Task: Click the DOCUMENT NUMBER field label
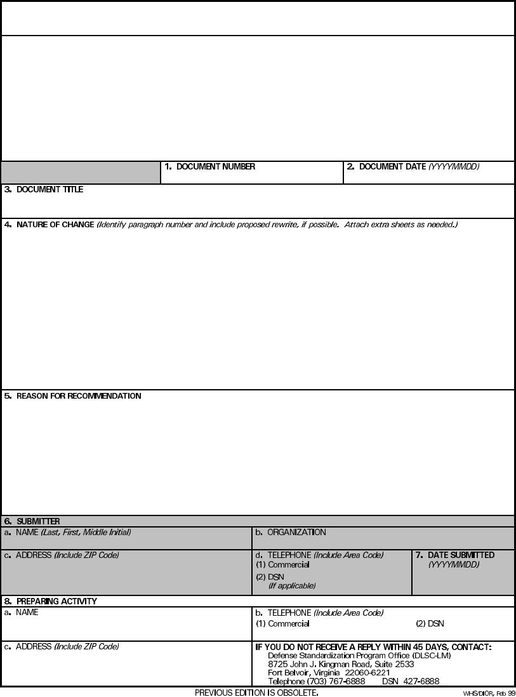pyautogui.click(x=215, y=167)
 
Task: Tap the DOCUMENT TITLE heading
pyautogui.click(x=50, y=190)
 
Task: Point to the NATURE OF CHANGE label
pyautogui.click(x=55, y=225)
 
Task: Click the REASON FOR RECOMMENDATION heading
pyautogui.click(x=79, y=396)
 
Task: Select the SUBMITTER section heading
pyautogui.click(x=38, y=522)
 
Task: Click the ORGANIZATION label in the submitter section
pyautogui.click(x=296, y=533)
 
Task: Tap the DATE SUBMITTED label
pyautogui.click(x=461, y=555)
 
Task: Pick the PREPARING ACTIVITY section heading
pyautogui.click(x=56, y=601)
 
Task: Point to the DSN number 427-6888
pyautogui.click(x=421, y=682)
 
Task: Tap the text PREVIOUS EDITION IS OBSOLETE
pyautogui.click(x=256, y=693)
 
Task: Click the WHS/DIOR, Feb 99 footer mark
pyautogui.click(x=489, y=693)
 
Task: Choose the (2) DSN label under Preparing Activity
pyautogui.click(x=430, y=624)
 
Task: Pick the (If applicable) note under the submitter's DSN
pyautogui.click(x=292, y=586)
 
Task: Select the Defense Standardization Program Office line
pyautogui.click(x=359, y=656)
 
